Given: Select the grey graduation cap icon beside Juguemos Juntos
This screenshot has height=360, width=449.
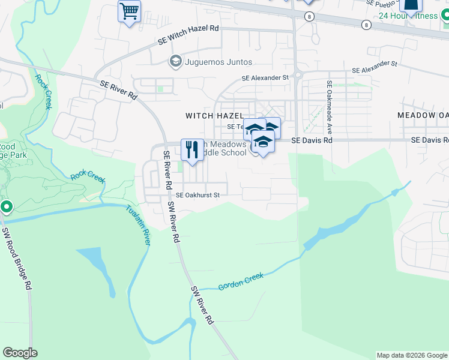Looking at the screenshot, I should click(175, 61).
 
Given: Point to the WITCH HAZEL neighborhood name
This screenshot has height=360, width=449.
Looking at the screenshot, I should click(214, 116).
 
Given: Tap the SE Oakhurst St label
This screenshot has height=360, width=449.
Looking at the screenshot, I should click(198, 195).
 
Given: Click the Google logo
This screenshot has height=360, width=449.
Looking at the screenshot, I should click(20, 353).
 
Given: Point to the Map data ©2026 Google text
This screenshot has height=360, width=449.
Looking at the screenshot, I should click(411, 355).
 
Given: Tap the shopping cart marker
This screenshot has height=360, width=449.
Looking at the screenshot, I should click(129, 11).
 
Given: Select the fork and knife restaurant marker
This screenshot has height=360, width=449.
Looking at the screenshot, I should click(192, 149).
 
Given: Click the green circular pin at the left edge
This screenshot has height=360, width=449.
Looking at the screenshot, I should click(7, 208).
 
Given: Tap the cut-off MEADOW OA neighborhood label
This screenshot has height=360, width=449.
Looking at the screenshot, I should click(423, 115).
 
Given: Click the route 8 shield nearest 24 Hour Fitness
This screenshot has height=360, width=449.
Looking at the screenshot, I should click(366, 25).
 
